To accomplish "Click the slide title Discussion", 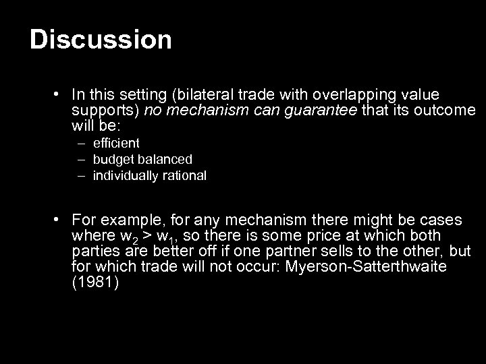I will [101, 40].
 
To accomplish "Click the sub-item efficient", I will [116, 143].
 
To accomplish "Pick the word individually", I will [126, 176].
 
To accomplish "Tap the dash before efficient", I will [81, 143].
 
